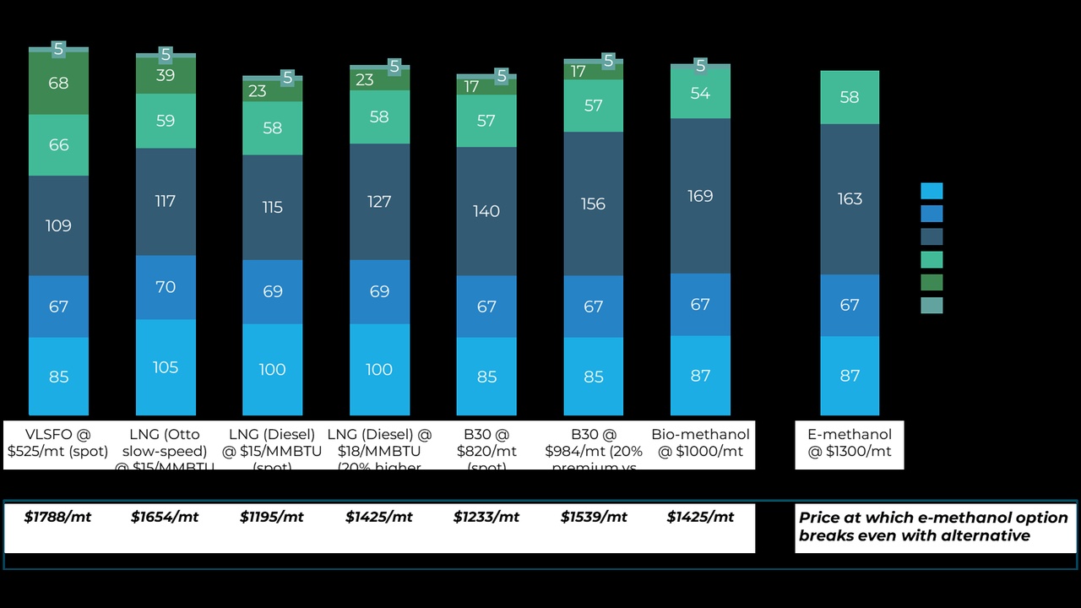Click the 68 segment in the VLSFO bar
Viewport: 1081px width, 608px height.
tap(58, 84)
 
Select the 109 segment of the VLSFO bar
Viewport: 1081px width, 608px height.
tap(58, 225)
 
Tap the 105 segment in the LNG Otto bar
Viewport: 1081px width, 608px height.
tap(166, 367)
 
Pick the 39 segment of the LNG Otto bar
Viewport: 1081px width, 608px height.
tap(166, 76)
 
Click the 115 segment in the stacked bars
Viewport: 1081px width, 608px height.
tap(272, 207)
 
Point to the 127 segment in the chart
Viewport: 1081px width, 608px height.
tap(379, 202)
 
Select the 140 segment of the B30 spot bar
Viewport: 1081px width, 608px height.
tap(486, 211)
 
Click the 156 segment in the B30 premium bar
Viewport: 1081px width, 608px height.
tap(593, 204)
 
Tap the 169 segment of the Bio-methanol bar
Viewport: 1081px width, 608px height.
tap(700, 196)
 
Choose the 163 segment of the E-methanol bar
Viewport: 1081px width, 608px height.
tap(850, 198)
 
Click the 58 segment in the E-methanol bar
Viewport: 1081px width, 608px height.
tap(850, 97)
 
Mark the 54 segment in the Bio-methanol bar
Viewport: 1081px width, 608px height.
tap(700, 93)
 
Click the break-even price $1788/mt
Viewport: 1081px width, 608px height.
tap(57, 517)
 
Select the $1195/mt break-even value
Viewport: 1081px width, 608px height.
tap(273, 517)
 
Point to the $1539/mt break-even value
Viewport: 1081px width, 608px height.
tap(594, 517)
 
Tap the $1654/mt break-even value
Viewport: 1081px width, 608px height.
tap(165, 517)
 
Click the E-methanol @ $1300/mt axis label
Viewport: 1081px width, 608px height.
tap(850, 443)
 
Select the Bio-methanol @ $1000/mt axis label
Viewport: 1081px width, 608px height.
tap(700, 443)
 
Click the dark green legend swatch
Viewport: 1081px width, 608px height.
tap(932, 282)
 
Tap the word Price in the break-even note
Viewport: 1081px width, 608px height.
tap(820, 518)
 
